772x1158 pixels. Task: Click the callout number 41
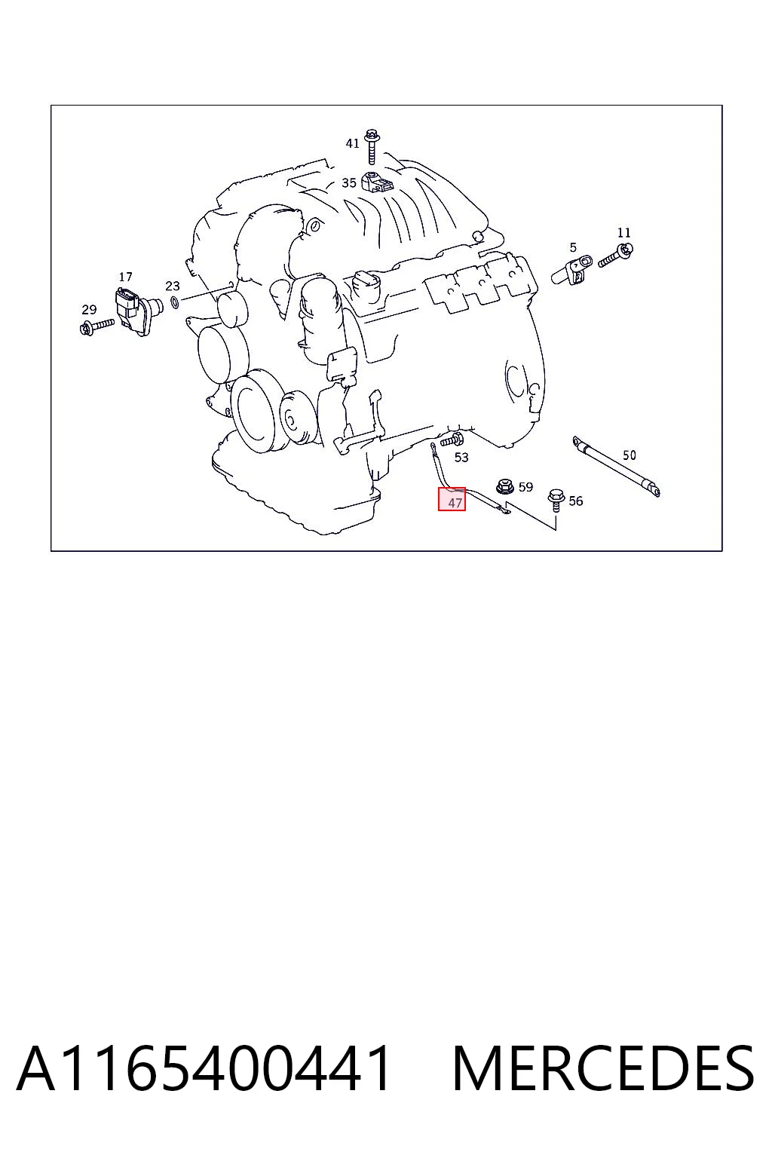point(352,143)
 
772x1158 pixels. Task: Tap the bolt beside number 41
point(371,147)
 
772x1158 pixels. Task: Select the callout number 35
point(349,183)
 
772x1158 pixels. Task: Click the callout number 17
point(125,277)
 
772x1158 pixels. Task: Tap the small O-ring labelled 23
point(176,302)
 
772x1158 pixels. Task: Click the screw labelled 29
point(97,326)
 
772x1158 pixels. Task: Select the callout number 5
point(573,247)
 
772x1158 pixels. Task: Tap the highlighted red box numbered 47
point(452,499)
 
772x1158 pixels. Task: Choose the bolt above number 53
point(452,440)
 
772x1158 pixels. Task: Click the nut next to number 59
point(504,486)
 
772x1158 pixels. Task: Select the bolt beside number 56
point(556,499)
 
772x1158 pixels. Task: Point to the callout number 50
point(629,455)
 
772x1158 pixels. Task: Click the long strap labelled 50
point(616,467)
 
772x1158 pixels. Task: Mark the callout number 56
point(575,501)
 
